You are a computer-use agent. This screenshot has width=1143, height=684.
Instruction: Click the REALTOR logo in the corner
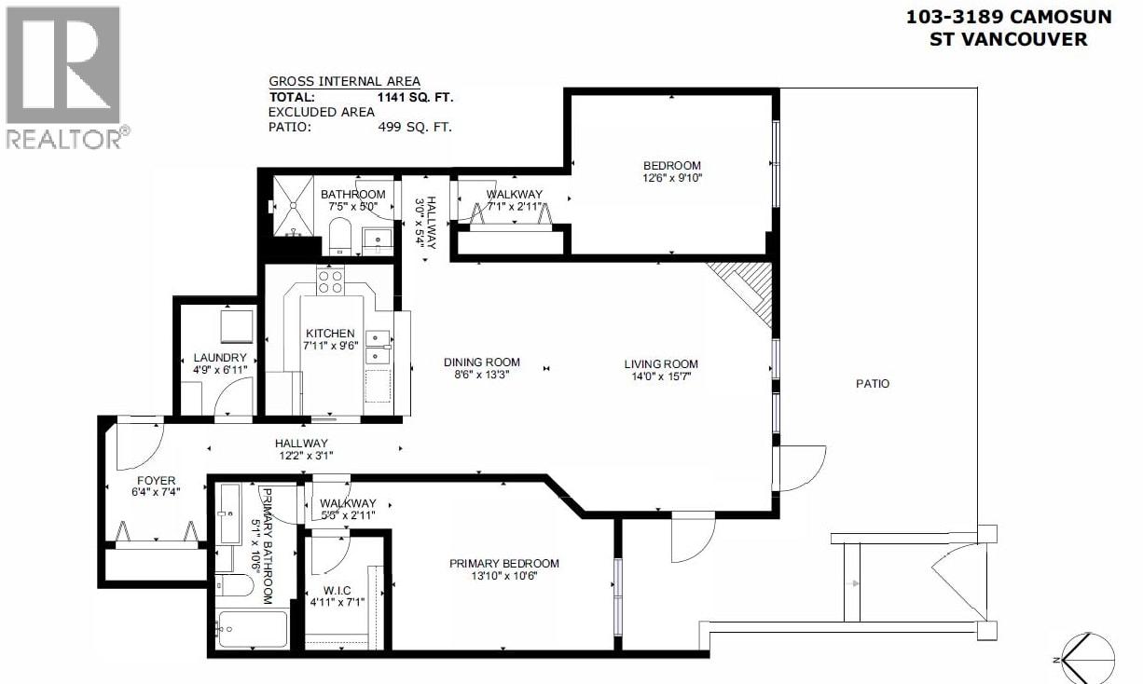pos(62,77)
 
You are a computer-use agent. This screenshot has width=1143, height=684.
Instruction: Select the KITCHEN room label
pos(329,333)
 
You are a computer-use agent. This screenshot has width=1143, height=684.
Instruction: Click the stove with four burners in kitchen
pos(329,280)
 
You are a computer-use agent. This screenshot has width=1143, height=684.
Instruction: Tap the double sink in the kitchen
pos(377,346)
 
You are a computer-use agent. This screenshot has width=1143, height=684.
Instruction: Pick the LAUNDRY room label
pos(219,358)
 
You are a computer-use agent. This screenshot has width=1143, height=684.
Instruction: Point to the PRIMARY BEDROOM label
pos(503,563)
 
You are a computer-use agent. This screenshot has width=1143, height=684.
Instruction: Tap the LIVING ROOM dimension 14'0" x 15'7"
pos(661,377)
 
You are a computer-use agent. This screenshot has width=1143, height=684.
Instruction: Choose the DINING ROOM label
pos(481,363)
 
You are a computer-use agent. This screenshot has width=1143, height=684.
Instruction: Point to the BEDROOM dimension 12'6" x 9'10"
pos(670,179)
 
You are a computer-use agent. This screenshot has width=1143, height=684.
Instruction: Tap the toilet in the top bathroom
pos(338,237)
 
